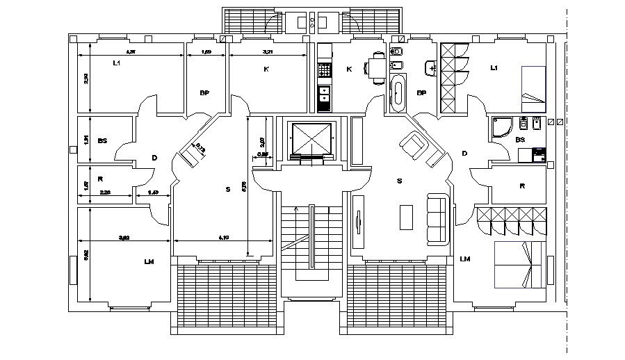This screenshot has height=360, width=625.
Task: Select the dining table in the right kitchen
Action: click(x=378, y=68)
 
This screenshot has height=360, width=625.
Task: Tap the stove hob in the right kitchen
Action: click(x=325, y=71)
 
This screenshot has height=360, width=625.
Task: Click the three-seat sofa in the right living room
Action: click(x=438, y=218)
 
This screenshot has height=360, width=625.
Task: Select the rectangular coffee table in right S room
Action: click(x=406, y=218)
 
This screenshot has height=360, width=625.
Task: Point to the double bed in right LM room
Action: click(x=519, y=265)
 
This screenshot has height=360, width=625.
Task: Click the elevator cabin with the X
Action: click(x=309, y=138)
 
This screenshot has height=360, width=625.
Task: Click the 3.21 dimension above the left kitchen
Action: click(x=268, y=51)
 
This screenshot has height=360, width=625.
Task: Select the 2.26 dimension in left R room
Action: click(x=105, y=193)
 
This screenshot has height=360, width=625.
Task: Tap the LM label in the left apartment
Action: click(x=148, y=261)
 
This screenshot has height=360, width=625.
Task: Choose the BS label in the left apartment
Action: click(x=102, y=141)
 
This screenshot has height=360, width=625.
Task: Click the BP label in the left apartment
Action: click(x=204, y=92)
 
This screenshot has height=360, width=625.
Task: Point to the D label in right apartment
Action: click(x=464, y=153)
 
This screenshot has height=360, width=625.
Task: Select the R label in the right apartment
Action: click(x=523, y=186)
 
